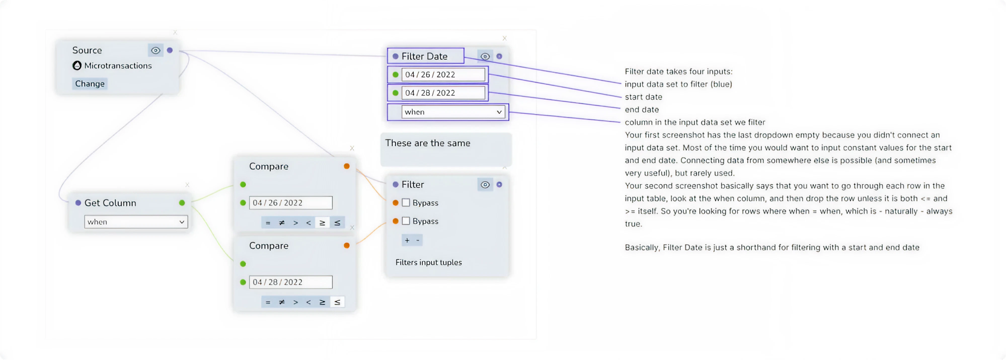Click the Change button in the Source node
point(90,84)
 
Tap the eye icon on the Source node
point(156,50)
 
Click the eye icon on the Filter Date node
point(485,56)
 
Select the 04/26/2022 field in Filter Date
point(443,75)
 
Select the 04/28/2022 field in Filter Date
point(443,93)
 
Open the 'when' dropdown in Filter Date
point(453,112)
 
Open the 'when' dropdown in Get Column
point(136,222)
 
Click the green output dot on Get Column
point(182,203)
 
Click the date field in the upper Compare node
point(290,203)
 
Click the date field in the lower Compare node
point(290,282)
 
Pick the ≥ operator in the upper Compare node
point(323,223)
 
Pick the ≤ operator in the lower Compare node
point(337,302)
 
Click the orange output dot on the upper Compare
point(347,166)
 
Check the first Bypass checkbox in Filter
point(406,203)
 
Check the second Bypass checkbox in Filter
point(406,221)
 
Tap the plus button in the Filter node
point(407,240)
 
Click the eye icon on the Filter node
point(485,185)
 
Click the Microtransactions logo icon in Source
point(77,65)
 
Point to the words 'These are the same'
point(428,143)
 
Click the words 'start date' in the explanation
point(643,97)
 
